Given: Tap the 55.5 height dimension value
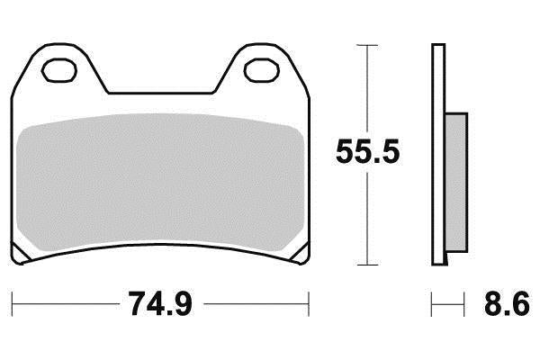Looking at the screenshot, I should (x=367, y=149).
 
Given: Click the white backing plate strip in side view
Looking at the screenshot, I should (x=438, y=153).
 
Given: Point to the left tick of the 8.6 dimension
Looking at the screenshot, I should (x=433, y=301).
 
